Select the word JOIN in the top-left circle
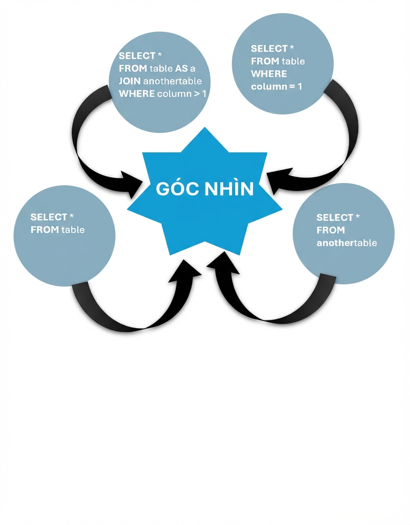point(129,81)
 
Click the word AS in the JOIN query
point(181,68)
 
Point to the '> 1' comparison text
point(201,94)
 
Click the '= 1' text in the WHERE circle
point(296,86)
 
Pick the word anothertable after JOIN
point(173,81)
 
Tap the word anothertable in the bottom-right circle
point(347,243)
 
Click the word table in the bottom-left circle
point(71,230)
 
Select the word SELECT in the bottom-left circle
point(49,217)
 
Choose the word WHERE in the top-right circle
point(269,74)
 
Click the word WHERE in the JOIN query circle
point(137,94)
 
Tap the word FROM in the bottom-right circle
point(330,230)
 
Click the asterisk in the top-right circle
point(292,48)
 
